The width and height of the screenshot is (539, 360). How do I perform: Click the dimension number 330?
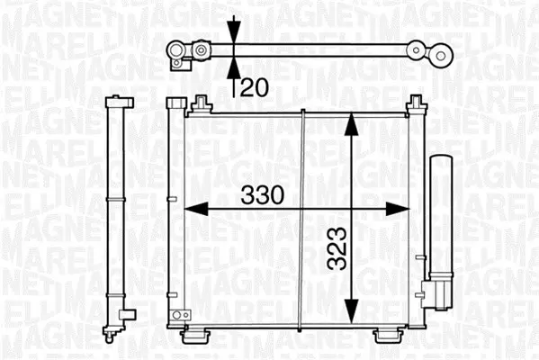coord(263,195)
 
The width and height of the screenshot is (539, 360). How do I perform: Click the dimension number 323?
coord(337,247)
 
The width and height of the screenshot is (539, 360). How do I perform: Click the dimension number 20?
coord(255,87)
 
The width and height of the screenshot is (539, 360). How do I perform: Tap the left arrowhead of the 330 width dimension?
coord(196,209)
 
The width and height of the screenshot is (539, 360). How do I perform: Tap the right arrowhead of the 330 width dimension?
coord(398,209)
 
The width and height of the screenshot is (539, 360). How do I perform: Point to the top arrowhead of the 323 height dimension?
coord(351,124)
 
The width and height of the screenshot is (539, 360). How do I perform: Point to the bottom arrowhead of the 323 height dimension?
coord(351,311)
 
